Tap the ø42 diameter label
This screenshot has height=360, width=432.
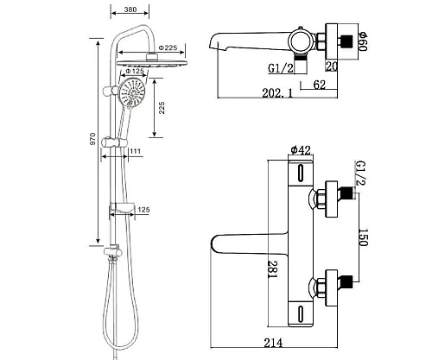[x=300, y=150]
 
